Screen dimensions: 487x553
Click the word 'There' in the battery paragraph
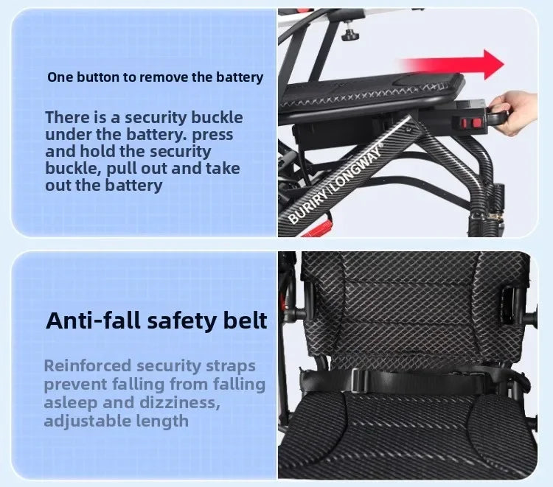(x=68, y=118)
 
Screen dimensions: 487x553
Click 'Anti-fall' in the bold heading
(x=92, y=321)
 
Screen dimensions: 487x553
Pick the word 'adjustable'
(x=89, y=421)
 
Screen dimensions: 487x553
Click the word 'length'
(x=164, y=421)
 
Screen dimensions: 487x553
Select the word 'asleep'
(x=70, y=403)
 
